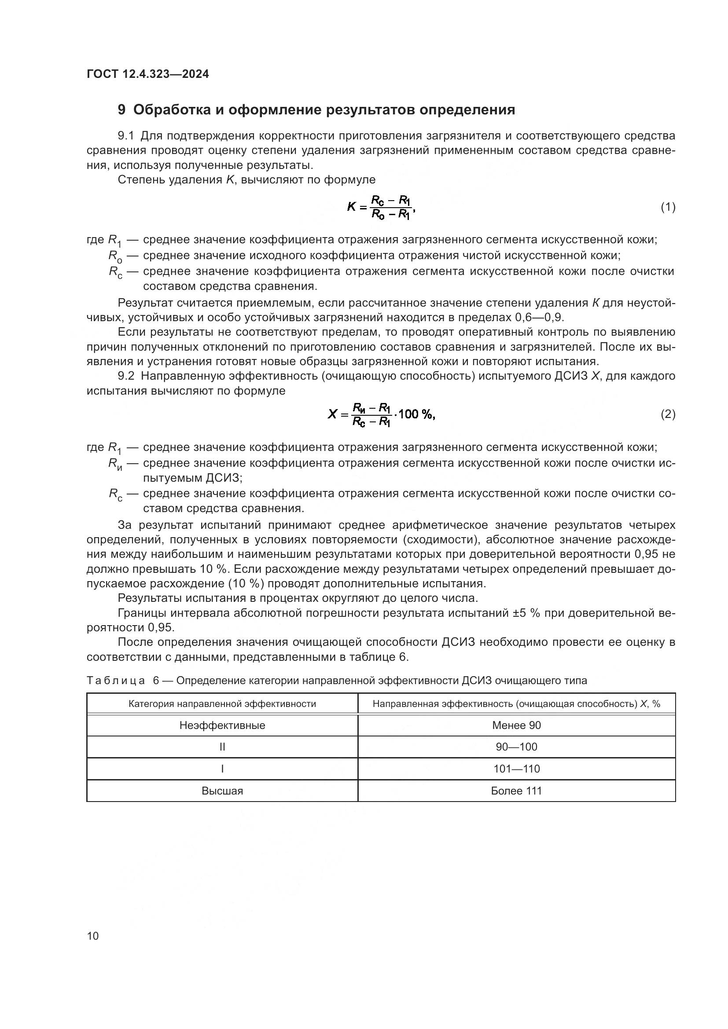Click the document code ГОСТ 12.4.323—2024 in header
(147, 74)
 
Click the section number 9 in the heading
(121, 110)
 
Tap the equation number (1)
(668, 207)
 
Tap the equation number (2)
(668, 414)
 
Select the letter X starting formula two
(332, 414)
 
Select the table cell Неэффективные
(222, 725)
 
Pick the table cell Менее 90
(516, 725)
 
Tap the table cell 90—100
(516, 747)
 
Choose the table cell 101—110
(516, 769)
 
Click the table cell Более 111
(516, 791)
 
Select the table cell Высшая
(222, 791)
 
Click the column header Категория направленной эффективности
(222, 704)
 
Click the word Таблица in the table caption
(116, 681)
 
